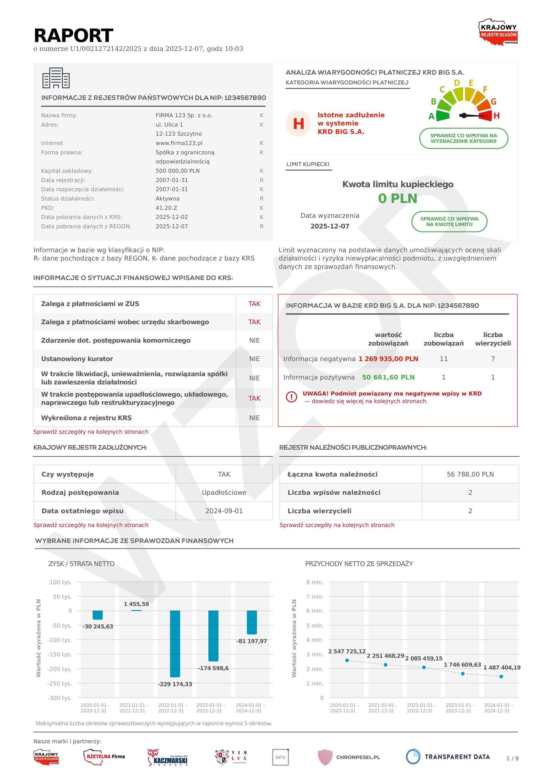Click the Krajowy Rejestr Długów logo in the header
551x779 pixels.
tap(498, 32)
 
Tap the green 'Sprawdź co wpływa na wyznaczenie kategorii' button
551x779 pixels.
tap(463, 138)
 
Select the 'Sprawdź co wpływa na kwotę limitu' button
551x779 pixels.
tap(449, 222)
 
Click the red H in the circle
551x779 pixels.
tap(298, 123)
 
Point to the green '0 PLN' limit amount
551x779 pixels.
tap(398, 199)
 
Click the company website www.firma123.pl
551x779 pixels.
tap(179, 143)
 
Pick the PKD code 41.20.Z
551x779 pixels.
tap(166, 208)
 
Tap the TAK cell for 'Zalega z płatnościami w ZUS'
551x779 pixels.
tap(254, 304)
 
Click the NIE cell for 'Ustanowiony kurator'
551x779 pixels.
tap(254, 359)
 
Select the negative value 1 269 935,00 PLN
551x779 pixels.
tap(388, 359)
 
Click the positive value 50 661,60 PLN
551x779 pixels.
tap(388, 377)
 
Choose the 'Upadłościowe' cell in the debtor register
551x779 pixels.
tap(224, 492)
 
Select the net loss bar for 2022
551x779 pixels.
tap(175, 644)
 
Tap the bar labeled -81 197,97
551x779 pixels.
tap(251, 622)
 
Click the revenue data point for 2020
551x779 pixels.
tap(347, 660)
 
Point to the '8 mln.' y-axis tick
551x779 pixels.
tap(315, 582)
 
